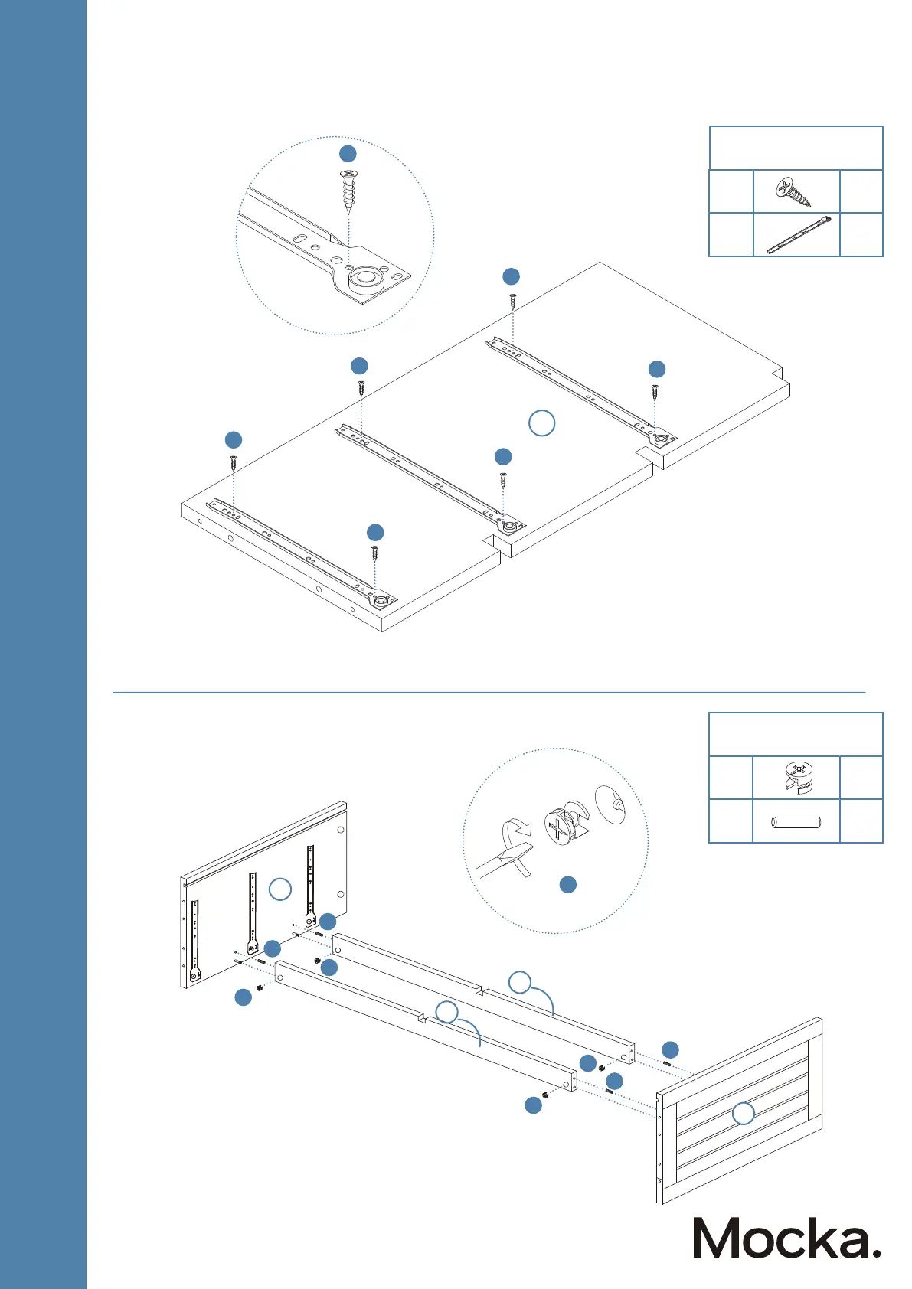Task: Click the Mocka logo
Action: point(786,1238)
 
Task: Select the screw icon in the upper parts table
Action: point(795,191)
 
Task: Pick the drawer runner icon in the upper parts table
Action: point(797,235)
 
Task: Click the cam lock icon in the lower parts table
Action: point(796,778)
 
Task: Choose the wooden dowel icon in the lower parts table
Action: point(796,823)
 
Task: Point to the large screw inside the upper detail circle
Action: point(348,191)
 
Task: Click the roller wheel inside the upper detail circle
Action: point(365,280)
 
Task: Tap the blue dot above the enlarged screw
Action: point(348,153)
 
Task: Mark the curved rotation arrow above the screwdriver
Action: point(513,828)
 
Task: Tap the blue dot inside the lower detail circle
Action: point(567,885)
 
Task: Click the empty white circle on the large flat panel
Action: point(542,423)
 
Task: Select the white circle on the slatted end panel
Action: point(743,1114)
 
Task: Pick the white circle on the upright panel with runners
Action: point(280,889)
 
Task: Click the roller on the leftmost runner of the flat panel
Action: point(381,599)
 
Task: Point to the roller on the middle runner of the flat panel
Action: point(508,526)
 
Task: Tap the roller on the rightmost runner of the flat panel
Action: point(659,439)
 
